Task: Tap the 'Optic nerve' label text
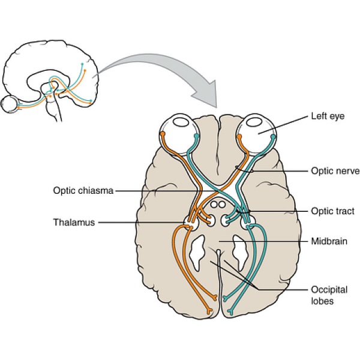332,171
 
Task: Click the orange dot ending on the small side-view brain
86,70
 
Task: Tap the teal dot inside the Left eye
273,136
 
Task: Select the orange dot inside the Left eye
238,136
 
